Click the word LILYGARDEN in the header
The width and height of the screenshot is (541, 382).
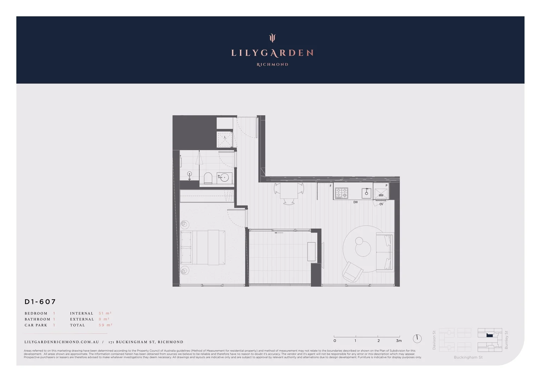[x=272, y=53]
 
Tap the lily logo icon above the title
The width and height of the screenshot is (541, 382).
[x=272, y=37]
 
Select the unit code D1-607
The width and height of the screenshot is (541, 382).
[x=40, y=302]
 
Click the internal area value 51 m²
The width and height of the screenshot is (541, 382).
[x=105, y=313]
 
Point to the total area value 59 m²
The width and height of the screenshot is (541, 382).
[x=105, y=325]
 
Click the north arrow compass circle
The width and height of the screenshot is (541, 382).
[x=417, y=338]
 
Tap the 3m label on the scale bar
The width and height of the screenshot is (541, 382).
[x=399, y=341]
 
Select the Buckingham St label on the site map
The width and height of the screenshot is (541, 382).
[x=468, y=357]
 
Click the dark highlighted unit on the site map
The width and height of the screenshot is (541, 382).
[x=490, y=335]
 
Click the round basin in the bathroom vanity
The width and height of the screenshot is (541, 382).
[x=224, y=178]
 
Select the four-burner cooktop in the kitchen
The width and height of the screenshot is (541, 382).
[x=341, y=193]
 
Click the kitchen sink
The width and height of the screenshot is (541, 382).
[x=366, y=193]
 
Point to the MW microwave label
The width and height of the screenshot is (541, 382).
[x=381, y=195]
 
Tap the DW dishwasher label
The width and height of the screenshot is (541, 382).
[x=355, y=202]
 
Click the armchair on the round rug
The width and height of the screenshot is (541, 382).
[x=352, y=272]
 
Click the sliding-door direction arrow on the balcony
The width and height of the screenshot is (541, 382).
[x=279, y=233]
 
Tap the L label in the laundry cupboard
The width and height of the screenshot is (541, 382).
[x=225, y=137]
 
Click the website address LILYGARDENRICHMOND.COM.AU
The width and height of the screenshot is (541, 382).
[x=62, y=342]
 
